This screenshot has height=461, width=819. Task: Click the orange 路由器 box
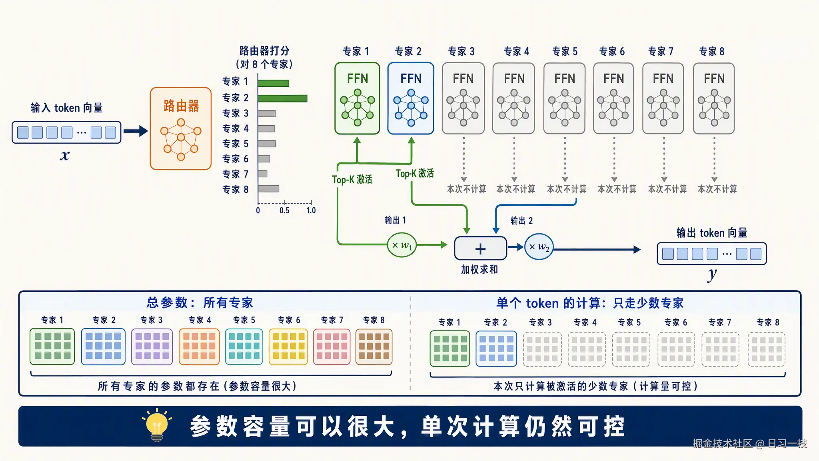(181, 128)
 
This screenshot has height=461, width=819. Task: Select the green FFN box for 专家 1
(357, 98)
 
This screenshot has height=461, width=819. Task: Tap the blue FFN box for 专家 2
(411, 98)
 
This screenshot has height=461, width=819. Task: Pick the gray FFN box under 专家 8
(714, 98)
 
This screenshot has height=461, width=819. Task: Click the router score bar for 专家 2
(282, 98)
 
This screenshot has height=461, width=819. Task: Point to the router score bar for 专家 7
(263, 174)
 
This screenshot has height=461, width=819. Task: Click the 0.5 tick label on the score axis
(284, 210)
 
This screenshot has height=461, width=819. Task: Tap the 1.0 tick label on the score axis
(311, 210)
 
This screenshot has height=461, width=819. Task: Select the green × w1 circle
(402, 245)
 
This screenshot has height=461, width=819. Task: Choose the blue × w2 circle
(539, 247)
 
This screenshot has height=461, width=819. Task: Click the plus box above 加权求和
(481, 249)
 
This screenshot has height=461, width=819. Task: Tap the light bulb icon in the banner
(157, 425)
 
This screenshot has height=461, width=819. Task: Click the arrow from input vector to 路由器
(136, 131)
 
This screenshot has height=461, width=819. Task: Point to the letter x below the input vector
(65, 155)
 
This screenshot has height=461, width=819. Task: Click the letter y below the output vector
(712, 275)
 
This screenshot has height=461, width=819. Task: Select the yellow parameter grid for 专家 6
(288, 347)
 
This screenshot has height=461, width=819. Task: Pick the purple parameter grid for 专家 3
(152, 347)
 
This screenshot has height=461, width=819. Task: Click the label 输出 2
(522, 220)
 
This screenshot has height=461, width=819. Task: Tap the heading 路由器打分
(264, 51)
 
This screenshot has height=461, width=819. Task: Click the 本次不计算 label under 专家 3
(466, 189)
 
